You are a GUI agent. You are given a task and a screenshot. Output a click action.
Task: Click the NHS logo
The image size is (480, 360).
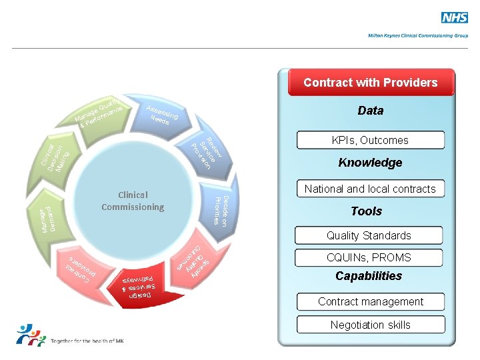tap(454, 18)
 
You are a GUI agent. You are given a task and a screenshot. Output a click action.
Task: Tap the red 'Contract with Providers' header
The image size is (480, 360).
tap(371, 83)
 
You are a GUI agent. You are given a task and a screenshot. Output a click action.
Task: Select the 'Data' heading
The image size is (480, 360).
tap(371, 111)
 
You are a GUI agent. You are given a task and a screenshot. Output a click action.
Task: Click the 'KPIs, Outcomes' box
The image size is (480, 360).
tap(371, 140)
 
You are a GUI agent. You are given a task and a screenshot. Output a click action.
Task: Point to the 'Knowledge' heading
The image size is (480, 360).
tap(371, 163)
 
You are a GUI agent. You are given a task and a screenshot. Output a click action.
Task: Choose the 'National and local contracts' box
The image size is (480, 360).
tap(370, 189)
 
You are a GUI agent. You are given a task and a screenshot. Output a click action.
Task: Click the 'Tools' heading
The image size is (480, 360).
tap(367, 211)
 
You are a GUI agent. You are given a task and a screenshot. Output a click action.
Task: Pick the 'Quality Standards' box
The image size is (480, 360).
tap(369, 235)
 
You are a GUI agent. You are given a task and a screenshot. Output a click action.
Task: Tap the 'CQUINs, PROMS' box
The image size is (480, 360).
tap(369, 257)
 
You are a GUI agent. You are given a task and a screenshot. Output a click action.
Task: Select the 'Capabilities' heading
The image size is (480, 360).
tap(369, 276)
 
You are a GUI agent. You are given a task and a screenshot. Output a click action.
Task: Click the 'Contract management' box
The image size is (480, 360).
tap(371, 301)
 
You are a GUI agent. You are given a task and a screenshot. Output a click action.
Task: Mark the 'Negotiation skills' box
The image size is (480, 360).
tap(371, 325)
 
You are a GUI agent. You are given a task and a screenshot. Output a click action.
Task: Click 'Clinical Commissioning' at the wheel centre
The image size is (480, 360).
tap(133, 201)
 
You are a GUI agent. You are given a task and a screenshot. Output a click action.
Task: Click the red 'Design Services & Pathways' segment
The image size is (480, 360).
tap(143, 286)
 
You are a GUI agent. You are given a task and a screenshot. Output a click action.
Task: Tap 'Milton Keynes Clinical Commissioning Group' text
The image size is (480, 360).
tap(418, 35)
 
